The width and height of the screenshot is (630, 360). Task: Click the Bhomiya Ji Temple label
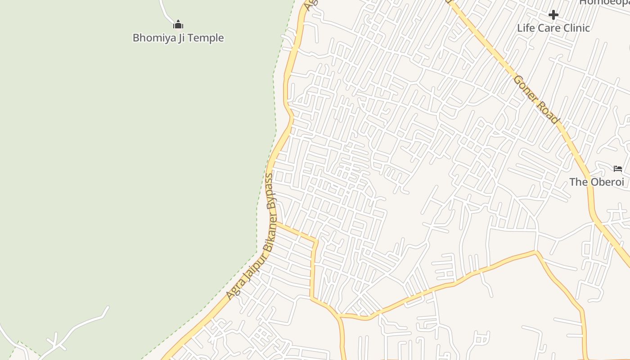178,38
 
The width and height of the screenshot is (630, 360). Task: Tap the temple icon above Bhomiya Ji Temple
178,24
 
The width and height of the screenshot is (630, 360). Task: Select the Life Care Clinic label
553,28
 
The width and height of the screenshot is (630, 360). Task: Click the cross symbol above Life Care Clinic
553,15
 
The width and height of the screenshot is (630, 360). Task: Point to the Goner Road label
536,99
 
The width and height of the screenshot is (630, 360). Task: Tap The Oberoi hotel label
597,182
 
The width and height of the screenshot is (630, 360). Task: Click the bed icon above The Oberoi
618,169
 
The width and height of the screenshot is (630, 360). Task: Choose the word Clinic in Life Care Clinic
574,28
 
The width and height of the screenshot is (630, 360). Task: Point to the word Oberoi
606,182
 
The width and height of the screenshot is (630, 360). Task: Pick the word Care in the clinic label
545,28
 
